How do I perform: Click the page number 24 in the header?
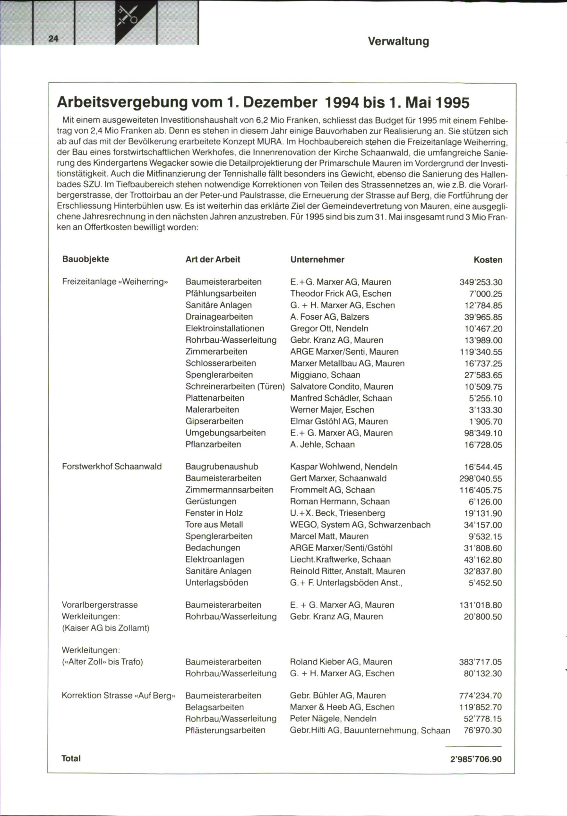coord(53,39)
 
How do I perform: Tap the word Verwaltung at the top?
coord(398,41)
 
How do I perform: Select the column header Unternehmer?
coord(317,259)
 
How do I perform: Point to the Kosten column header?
coord(488,260)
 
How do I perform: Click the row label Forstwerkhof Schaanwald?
coord(112,467)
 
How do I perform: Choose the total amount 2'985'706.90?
coord(476,759)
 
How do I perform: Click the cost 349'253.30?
coord(481,282)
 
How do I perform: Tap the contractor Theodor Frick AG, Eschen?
coord(341,293)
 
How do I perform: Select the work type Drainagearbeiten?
coord(219,317)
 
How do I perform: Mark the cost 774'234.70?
coord(480,696)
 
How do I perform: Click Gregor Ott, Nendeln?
coord(329,328)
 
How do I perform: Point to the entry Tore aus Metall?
coord(214,525)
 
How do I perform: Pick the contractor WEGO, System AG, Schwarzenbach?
coord(360,525)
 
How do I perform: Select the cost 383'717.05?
coord(480,662)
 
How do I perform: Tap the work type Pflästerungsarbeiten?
coord(225,730)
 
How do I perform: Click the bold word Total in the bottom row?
coord(71,758)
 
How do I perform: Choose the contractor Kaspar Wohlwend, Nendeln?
coord(344,467)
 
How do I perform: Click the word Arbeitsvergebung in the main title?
coord(123,102)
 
